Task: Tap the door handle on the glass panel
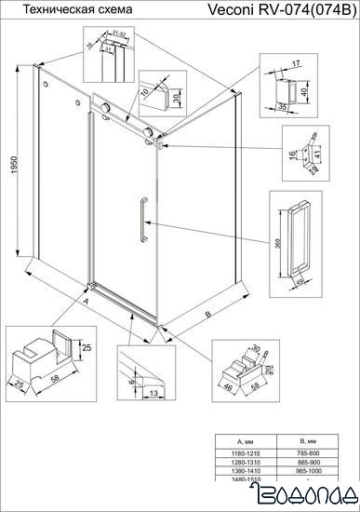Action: click(x=140, y=220)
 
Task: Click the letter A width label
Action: click(x=86, y=303)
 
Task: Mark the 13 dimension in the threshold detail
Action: click(x=150, y=395)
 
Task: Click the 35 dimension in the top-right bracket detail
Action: click(x=282, y=106)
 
